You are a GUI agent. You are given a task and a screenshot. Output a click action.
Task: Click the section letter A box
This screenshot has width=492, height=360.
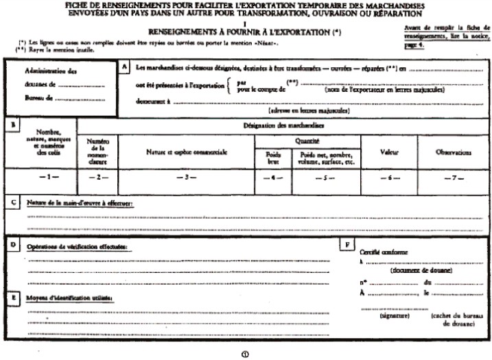pos(125,67)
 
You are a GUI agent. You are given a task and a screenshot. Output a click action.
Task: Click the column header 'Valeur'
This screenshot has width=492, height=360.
pos(390,152)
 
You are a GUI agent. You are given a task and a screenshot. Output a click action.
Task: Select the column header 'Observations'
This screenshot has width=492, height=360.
pos(453,152)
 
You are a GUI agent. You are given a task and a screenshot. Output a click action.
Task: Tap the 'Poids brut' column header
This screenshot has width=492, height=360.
pos(273,158)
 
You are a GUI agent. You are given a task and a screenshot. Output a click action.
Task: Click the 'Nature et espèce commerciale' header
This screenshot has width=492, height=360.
pos(186,152)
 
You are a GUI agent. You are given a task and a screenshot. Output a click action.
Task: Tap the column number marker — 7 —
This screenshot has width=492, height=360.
pos(453,178)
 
